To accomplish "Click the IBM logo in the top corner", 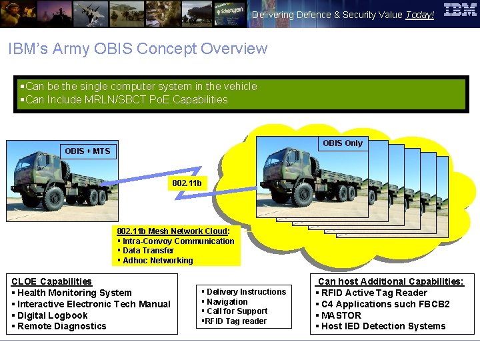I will (x=460, y=10).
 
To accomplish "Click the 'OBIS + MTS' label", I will (x=87, y=151).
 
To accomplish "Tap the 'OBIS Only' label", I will (x=343, y=143).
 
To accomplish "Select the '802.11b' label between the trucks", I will (x=187, y=183).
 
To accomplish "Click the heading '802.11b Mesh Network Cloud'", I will (x=172, y=231).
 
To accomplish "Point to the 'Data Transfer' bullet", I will (x=148, y=251).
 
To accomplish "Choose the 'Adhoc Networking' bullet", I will (x=157, y=261).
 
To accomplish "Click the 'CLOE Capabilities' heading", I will (x=51, y=282).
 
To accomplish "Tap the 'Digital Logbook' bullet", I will (x=53, y=315).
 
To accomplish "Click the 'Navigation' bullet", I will (x=227, y=301).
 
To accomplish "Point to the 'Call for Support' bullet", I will (x=237, y=311).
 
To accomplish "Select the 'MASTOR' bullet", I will (x=341, y=315).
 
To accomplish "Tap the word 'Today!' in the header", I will (x=419, y=15).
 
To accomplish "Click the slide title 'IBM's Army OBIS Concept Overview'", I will (x=137, y=49).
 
